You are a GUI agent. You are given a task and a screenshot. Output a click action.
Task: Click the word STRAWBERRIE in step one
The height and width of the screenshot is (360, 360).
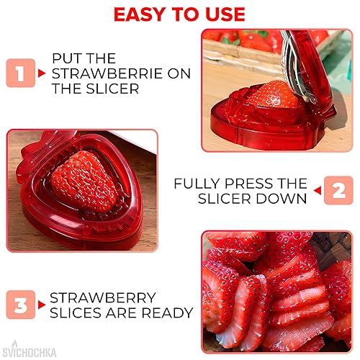pyautogui.click(x=107, y=73)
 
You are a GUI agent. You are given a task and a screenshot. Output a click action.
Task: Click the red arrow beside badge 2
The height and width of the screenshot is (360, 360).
pyautogui.click(x=316, y=199)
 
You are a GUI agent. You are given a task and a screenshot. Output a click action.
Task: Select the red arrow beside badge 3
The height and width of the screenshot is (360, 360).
pyautogui.click(x=41, y=305)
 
